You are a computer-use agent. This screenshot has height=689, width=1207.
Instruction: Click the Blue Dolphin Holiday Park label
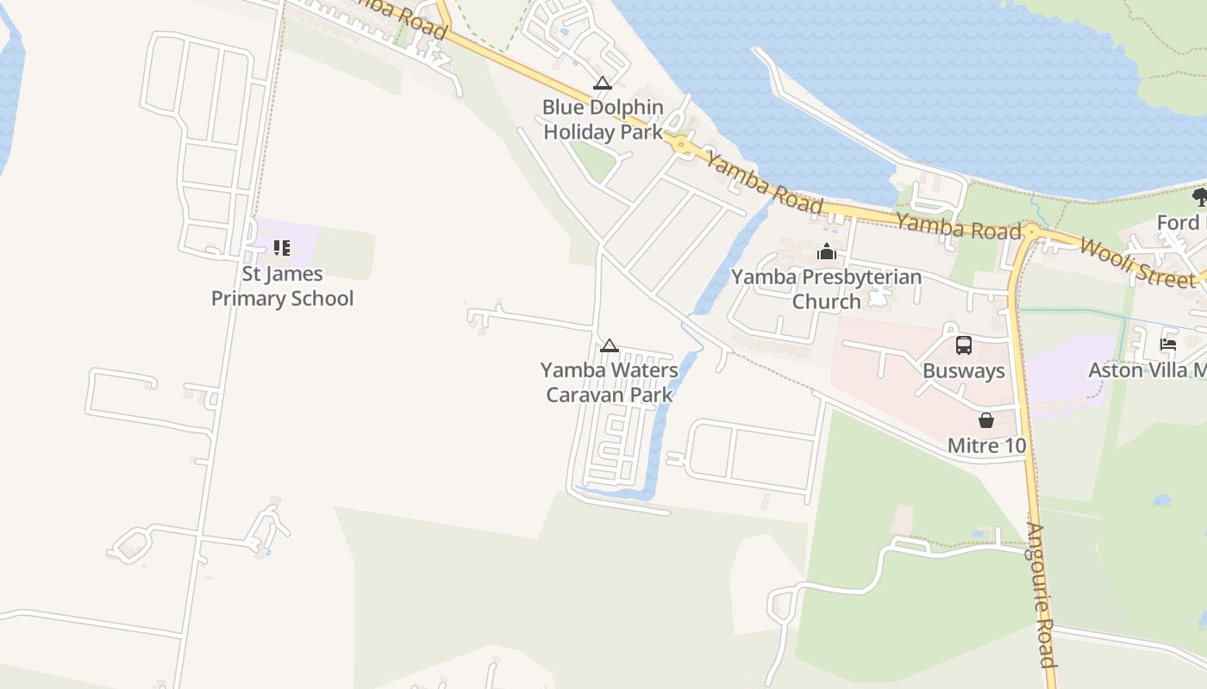(603, 120)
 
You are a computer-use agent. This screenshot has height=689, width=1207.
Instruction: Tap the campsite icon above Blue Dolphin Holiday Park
(603, 84)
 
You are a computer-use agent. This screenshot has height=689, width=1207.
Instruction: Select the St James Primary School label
(282, 286)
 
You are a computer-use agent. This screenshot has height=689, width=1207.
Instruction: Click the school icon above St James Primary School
(282, 248)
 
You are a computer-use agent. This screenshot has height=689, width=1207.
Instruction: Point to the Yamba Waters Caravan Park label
(609, 382)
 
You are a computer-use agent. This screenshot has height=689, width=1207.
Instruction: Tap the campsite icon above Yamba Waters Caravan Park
(610, 346)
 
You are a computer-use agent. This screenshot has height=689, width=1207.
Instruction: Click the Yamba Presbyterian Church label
(826, 289)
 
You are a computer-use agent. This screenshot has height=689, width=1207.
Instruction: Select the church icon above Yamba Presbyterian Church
(827, 251)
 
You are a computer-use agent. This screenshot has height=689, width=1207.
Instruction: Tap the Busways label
(963, 371)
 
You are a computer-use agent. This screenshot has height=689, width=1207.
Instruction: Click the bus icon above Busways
(964, 345)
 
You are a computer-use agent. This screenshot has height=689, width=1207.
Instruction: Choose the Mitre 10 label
(986, 445)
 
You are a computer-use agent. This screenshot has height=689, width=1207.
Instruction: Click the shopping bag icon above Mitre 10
(986, 420)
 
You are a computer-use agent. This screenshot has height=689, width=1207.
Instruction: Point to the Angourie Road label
(1042, 594)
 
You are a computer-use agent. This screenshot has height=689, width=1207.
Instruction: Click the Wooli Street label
(1137, 262)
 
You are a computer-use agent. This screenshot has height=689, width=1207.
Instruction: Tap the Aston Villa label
(1147, 370)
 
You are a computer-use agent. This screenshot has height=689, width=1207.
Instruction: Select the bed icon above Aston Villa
(1168, 344)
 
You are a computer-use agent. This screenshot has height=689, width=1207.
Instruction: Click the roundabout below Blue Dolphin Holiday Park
(682, 146)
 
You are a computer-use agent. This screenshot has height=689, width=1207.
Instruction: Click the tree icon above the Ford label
(1199, 197)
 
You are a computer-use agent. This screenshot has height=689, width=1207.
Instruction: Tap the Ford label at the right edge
(1179, 223)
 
